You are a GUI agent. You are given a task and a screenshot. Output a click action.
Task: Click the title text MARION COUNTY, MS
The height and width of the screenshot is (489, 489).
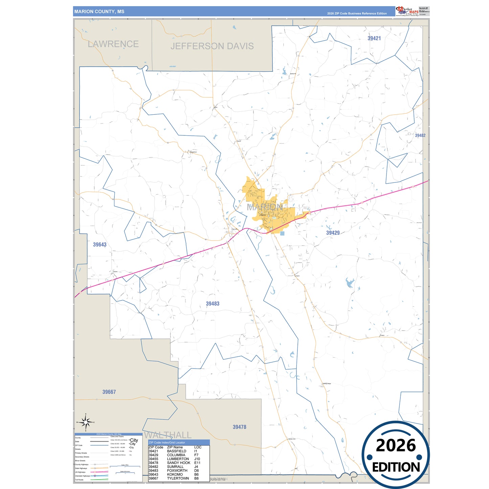pos(99,12)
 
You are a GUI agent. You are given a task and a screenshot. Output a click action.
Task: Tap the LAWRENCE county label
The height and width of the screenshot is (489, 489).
pos(113,44)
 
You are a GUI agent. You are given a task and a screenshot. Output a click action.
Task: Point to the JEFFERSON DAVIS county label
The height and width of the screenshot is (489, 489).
pos(212,46)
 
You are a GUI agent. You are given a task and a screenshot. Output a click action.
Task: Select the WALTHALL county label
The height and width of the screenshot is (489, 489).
pos(168,435)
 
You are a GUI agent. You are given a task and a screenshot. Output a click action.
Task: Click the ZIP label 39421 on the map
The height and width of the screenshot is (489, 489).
pos(374,38)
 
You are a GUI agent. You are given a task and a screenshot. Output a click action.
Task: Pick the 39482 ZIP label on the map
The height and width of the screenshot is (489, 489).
pos(420,135)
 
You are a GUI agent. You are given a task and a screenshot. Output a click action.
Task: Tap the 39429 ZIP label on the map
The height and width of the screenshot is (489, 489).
pos(333,233)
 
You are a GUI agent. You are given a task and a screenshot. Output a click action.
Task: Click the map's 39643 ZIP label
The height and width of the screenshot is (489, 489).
pos(99,245)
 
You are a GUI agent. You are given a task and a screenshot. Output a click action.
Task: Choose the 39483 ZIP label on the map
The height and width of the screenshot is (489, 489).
pos(213,304)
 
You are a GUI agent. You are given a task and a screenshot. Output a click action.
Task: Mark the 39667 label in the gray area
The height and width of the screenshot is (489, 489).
pos(109,392)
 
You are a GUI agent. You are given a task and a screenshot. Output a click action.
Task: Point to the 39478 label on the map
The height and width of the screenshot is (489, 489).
pos(239,427)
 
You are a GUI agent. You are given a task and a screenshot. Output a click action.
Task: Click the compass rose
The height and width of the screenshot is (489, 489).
pos(86,422)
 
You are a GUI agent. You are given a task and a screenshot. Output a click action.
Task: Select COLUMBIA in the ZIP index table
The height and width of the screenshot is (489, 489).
pos(176,455)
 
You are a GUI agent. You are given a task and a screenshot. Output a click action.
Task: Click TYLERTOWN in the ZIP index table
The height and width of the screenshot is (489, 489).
pos(178,479)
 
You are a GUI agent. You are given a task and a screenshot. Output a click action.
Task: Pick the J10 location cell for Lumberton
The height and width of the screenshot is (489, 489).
pos(197,459)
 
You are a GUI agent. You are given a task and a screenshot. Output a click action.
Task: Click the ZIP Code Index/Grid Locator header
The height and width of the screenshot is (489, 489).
pos(167,442)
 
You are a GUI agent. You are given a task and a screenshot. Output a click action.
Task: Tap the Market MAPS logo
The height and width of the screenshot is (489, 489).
pos(407,11)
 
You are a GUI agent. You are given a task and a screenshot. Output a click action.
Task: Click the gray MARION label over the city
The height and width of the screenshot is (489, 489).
pos(265,207)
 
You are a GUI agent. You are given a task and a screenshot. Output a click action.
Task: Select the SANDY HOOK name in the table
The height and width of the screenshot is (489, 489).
pos(178,463)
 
